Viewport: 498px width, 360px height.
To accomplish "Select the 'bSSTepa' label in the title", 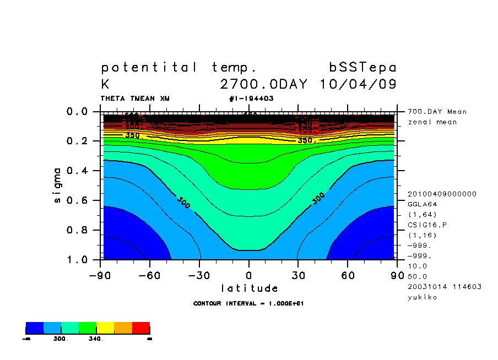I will [x=362, y=68].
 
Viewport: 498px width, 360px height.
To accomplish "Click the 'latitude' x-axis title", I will [x=249, y=288].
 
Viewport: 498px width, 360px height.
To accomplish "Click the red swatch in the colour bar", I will [x=141, y=328].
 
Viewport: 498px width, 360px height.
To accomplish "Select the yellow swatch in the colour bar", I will [x=105, y=328].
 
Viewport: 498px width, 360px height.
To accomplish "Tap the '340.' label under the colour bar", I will [x=96, y=339].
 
